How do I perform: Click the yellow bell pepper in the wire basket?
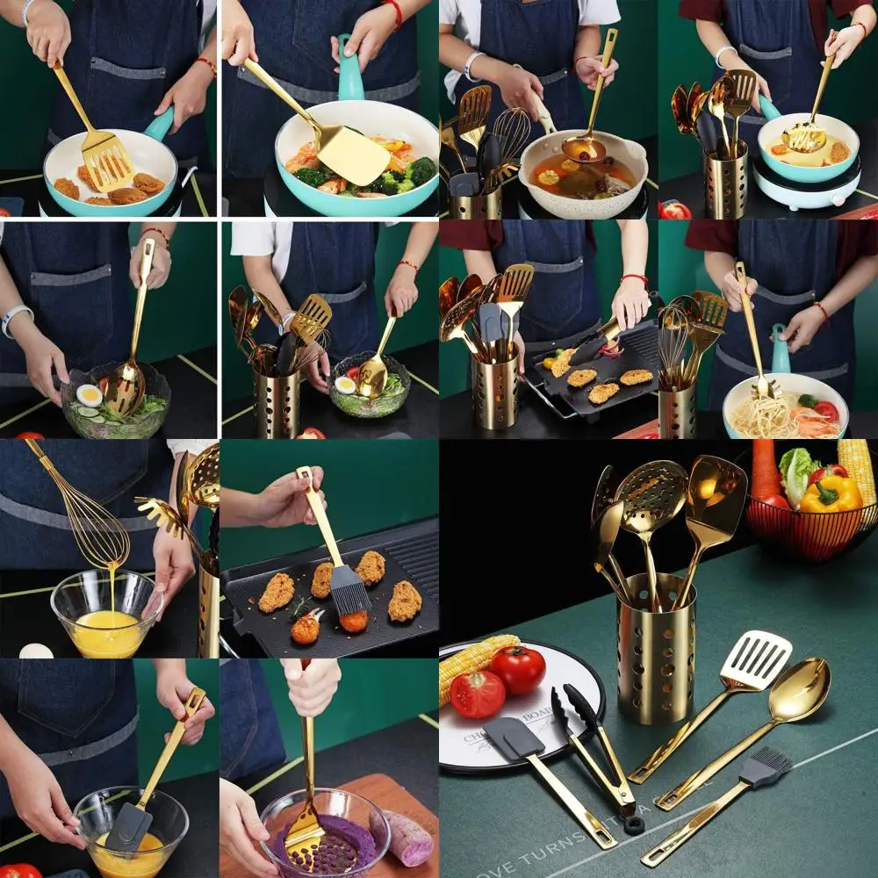click(x=831, y=495)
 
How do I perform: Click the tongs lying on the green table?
click(x=597, y=746)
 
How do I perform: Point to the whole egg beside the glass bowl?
click(x=35, y=651)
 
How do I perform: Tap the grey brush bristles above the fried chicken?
click(x=349, y=589)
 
